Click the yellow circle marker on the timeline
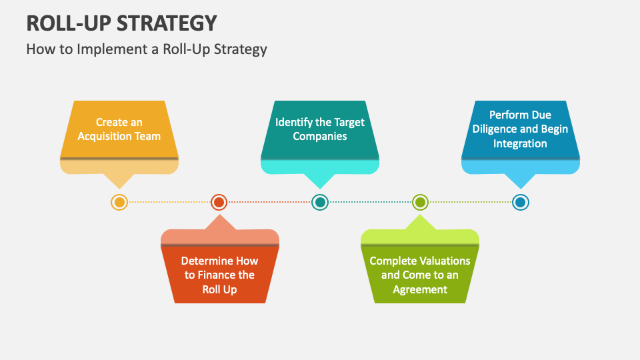(119, 202)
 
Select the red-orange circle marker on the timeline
(219, 202)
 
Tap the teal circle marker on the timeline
(320, 202)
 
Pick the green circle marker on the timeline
(420, 202)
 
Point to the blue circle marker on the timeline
(521, 202)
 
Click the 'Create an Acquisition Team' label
(119, 129)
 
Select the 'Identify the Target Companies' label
(320, 129)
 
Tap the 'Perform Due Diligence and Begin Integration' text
(521, 129)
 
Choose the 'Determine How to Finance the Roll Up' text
(219, 275)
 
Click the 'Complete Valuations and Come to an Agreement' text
(420, 275)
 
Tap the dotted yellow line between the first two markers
(169, 202)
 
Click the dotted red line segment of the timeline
(269, 202)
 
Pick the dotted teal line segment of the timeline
(370, 202)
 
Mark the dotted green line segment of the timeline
(470, 202)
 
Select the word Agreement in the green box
(420, 289)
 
